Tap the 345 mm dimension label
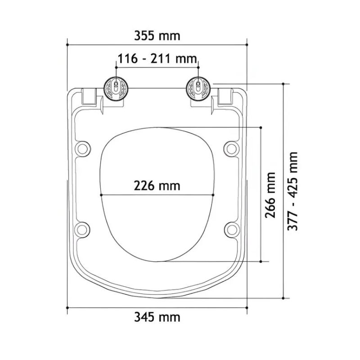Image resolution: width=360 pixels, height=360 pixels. coord(157,317)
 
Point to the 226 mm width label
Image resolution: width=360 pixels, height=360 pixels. coord(157,185)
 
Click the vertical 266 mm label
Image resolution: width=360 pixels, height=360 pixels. coord(270,194)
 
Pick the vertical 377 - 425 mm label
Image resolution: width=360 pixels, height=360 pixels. coord(293,191)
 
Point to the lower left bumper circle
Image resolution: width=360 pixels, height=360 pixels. coord(83,228)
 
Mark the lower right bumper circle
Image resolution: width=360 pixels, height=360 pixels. coord(231,228)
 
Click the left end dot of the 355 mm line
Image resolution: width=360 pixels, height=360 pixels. coord(67,44)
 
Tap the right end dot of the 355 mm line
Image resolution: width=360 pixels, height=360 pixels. coord(247,44)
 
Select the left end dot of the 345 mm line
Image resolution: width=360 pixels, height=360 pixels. coord(67,307)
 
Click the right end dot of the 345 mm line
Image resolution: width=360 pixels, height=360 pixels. coord(247,307)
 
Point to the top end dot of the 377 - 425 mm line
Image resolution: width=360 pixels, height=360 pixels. coord(283,83)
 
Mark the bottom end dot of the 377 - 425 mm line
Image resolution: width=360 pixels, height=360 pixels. coord(283,298)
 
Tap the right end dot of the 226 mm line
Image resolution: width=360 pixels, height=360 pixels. coord(213,195)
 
